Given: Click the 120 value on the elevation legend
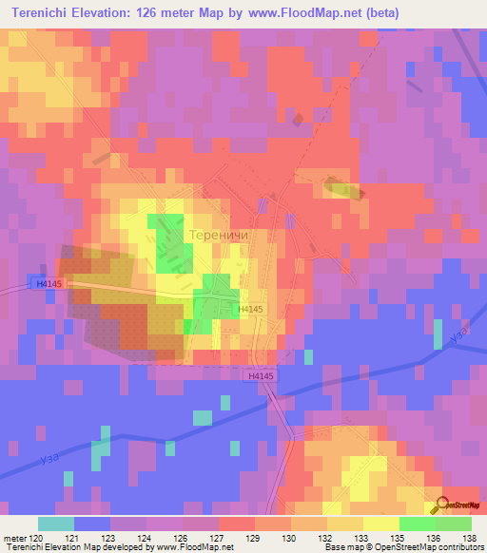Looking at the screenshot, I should click(x=37, y=538).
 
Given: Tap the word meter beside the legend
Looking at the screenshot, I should click(x=14, y=538).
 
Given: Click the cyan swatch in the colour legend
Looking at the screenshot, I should click(x=56, y=524).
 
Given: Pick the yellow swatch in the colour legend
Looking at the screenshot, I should click(x=381, y=524).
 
